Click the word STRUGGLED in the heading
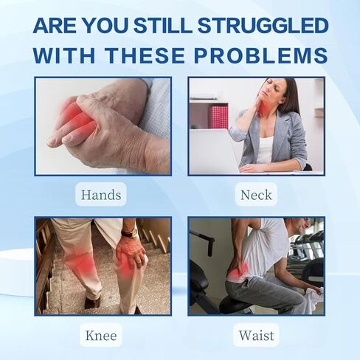pos(263,25)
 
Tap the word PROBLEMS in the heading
pos(261,55)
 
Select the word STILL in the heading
pos(163,25)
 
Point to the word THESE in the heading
pos(145,55)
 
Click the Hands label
pos(101,195)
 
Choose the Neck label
pos(256,195)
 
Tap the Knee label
pos(101,336)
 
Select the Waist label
pos(256,336)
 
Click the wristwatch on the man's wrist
pos(130,232)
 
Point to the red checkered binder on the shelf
pos(218,117)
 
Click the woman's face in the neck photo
pos(270,90)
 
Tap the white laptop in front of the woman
pos(213,150)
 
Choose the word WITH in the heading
pos(64,55)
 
